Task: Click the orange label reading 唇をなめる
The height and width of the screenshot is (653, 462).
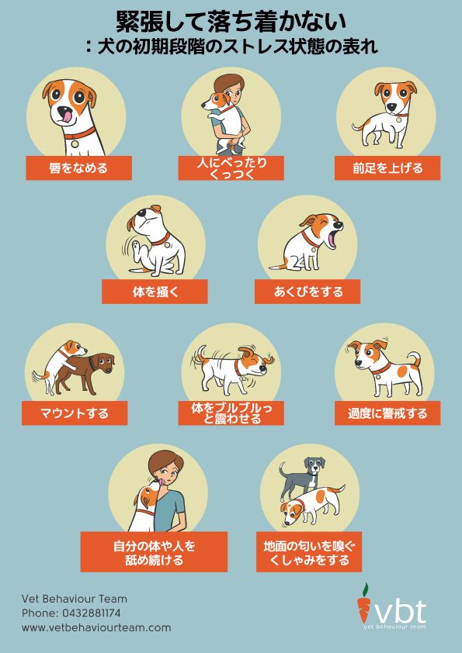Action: pyautogui.click(x=78, y=168)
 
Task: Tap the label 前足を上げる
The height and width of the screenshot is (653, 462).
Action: pyautogui.click(x=387, y=168)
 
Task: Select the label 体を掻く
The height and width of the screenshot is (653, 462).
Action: pyautogui.click(x=155, y=292)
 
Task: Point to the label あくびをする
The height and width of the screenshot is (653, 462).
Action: pyautogui.click(x=307, y=292)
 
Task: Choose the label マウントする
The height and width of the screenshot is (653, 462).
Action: pyautogui.click(x=75, y=413)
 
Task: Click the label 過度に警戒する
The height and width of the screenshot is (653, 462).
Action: pyautogui.click(x=387, y=413)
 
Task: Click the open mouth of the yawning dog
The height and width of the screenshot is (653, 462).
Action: pyautogui.click(x=332, y=240)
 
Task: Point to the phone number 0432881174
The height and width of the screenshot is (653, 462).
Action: pyautogui.click(x=92, y=613)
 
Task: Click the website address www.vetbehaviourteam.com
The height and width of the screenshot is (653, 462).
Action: pyautogui.click(x=96, y=627)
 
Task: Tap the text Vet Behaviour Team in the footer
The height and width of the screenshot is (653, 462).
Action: pyautogui.click(x=75, y=599)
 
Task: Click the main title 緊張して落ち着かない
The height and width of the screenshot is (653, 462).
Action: pyautogui.click(x=231, y=22)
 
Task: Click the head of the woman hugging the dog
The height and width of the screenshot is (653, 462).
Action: pyautogui.click(x=230, y=89)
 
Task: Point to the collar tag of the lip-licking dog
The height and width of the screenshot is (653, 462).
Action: pyautogui.click(x=75, y=143)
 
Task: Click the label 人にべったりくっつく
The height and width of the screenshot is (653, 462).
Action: pyautogui.click(x=231, y=168)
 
